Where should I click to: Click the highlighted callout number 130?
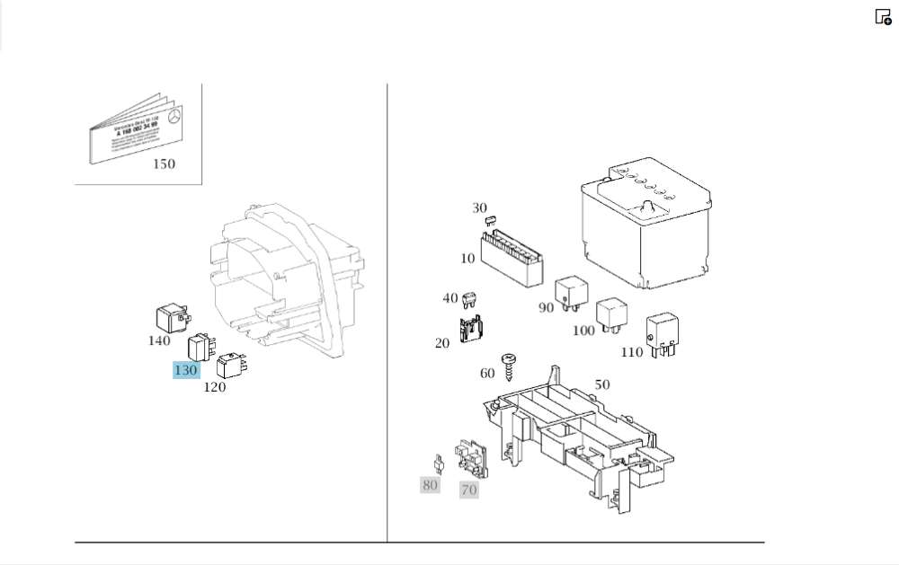[185, 370]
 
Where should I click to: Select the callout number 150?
[164, 163]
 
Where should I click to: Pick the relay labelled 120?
[233, 363]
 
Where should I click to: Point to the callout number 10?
[467, 259]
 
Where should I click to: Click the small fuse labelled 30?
[491, 220]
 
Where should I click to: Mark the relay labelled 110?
[663, 331]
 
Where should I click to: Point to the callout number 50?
[601, 384]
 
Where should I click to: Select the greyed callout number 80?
[430, 485]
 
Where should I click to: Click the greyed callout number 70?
[468, 490]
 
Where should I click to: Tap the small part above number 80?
[439, 463]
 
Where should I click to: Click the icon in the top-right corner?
[883, 16]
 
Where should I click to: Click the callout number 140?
[158, 340]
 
